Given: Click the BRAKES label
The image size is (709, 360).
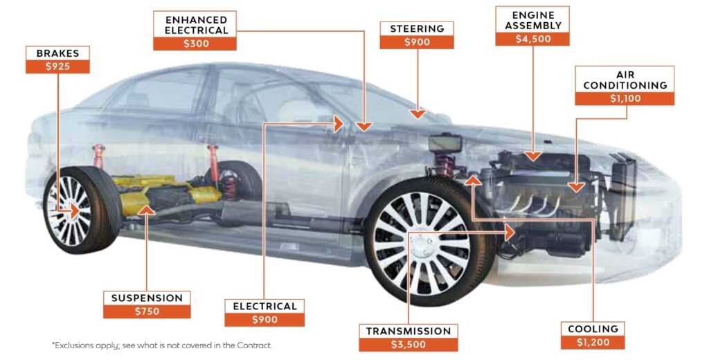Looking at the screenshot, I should coord(58,53).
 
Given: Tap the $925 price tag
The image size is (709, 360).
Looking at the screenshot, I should coord(58,67).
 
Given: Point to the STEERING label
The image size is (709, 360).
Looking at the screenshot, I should coord(417,29).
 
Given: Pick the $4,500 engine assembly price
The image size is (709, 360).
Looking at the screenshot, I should coord(532,39).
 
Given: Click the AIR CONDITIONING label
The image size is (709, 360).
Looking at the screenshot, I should coord(625,80).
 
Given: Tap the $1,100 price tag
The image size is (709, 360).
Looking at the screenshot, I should coord(625,98).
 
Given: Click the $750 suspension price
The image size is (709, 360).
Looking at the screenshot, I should coord(147,312).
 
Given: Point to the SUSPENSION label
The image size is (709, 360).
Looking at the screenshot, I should coord(147,298).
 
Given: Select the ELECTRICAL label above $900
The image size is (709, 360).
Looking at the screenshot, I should coord(264,306).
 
